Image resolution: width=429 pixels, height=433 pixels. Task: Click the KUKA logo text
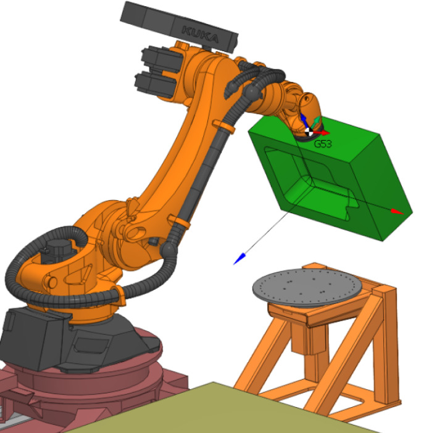click(x=200, y=34)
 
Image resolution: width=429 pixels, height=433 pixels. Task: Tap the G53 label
click(x=323, y=144)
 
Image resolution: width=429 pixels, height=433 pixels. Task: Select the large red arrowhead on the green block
click(x=398, y=211)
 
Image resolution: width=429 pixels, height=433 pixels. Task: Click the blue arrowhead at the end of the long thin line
click(x=239, y=259)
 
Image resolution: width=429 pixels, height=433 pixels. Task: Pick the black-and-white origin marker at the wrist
click(x=309, y=132)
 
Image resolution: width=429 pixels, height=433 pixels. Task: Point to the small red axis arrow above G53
click(x=322, y=133)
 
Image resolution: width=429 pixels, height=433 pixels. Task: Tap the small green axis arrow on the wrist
click(x=315, y=122)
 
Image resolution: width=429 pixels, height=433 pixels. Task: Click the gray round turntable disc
click(x=307, y=287)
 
